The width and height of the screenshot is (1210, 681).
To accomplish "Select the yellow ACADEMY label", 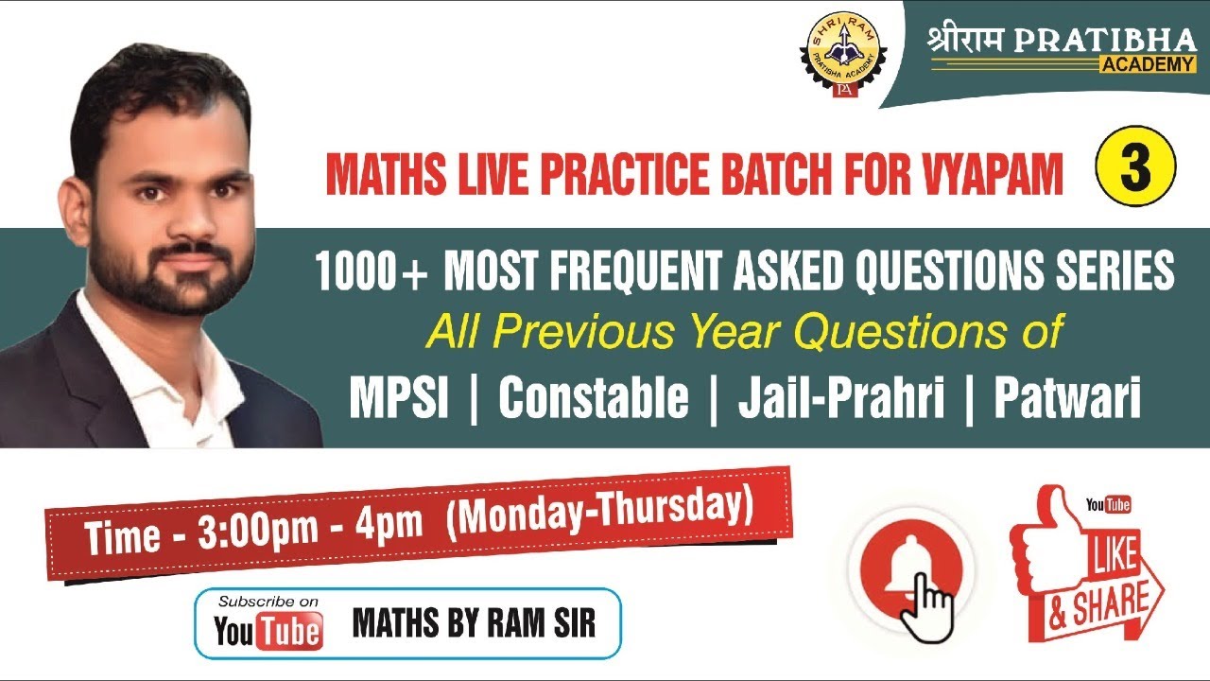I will [1147, 64].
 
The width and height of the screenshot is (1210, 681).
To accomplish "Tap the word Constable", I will [594, 399].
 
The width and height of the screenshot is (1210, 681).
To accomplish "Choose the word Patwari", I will [1067, 399].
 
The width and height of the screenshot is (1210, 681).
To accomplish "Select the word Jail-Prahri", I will [841, 399].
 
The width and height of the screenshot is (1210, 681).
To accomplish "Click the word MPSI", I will [398, 399].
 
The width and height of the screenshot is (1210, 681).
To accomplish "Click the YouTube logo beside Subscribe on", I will [268, 630].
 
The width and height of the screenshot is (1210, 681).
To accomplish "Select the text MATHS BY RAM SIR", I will [474, 623].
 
